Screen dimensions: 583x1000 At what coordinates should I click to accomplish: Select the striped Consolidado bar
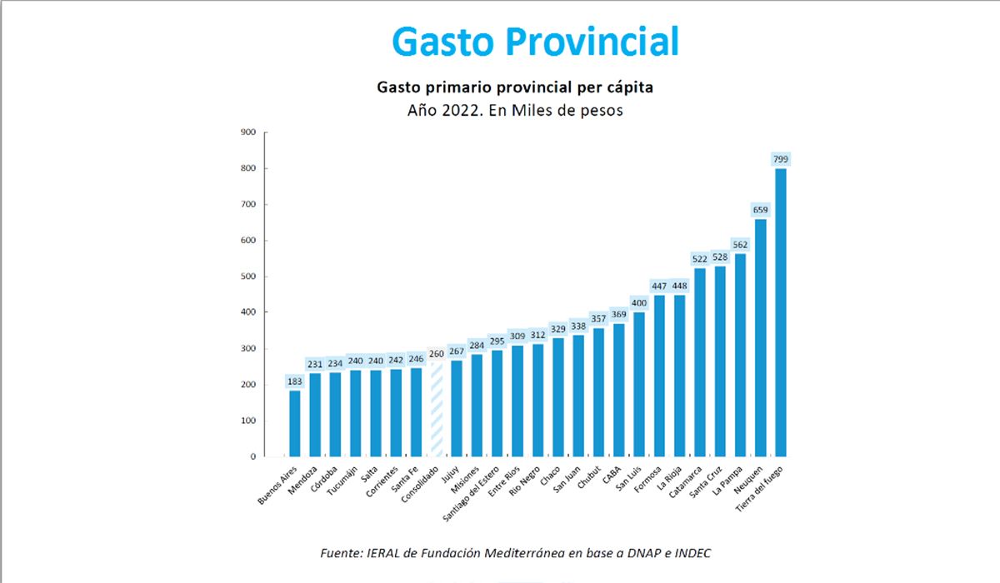(437, 412)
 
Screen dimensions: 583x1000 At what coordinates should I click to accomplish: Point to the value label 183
(295, 381)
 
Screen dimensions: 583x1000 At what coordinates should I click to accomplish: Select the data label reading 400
(639, 302)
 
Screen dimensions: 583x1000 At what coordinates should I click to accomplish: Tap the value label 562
(740, 244)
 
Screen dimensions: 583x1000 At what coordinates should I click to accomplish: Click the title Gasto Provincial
(535, 41)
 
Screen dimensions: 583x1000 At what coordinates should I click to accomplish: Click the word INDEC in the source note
(691, 553)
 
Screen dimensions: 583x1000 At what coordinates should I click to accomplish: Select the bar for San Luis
(639, 384)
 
